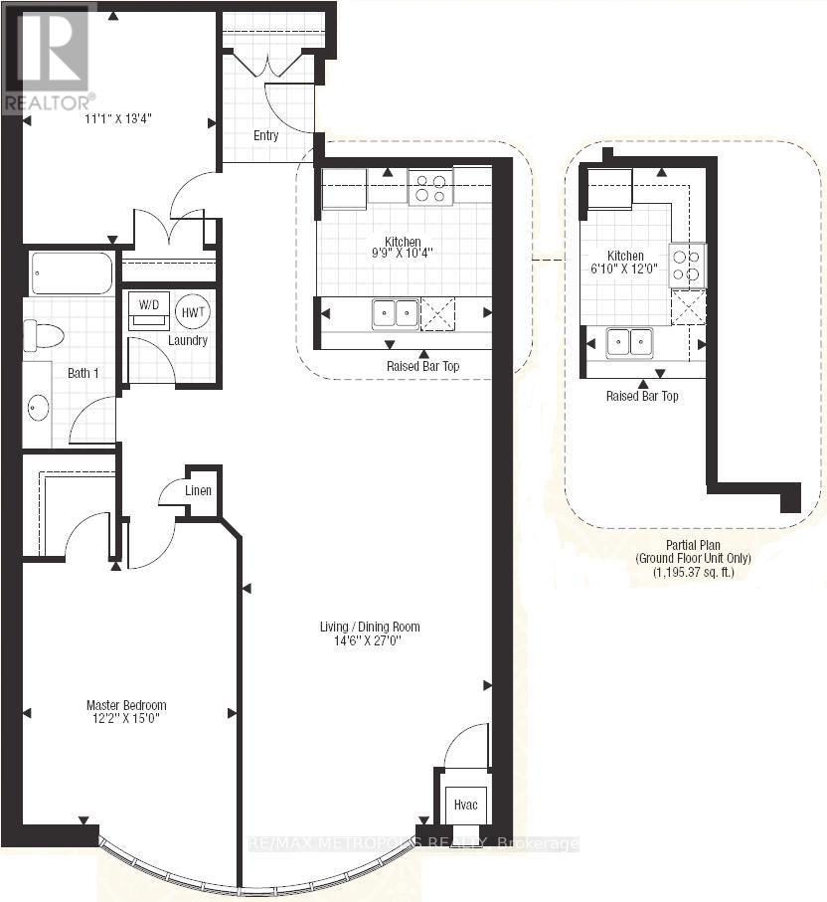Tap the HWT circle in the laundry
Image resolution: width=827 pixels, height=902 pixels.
(192, 310)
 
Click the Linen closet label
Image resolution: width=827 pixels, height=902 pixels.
(198, 490)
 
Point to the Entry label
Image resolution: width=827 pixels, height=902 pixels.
(265, 136)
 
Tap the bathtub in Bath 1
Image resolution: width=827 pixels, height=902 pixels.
(72, 273)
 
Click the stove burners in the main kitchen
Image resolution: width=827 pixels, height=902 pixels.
(430, 188)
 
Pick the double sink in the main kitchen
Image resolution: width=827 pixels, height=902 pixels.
(395, 314)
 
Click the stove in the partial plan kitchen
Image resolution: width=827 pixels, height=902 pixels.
(688, 266)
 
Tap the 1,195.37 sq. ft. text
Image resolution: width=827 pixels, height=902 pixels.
(693, 573)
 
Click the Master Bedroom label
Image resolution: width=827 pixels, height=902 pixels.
(125, 705)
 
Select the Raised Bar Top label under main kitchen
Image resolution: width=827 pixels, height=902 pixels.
(422, 366)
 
